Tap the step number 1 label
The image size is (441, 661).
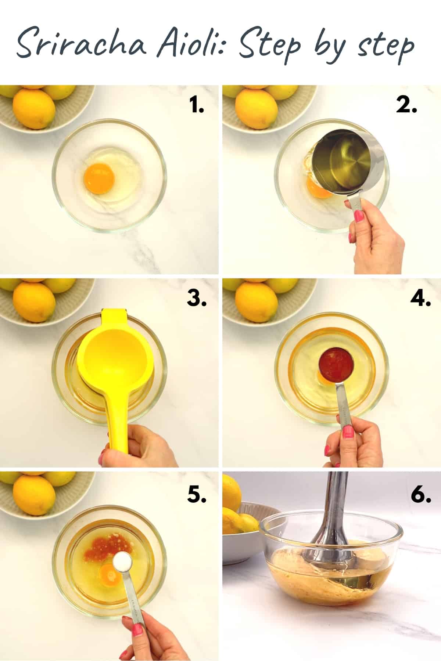click(197, 106)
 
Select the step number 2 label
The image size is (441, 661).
click(406, 106)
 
